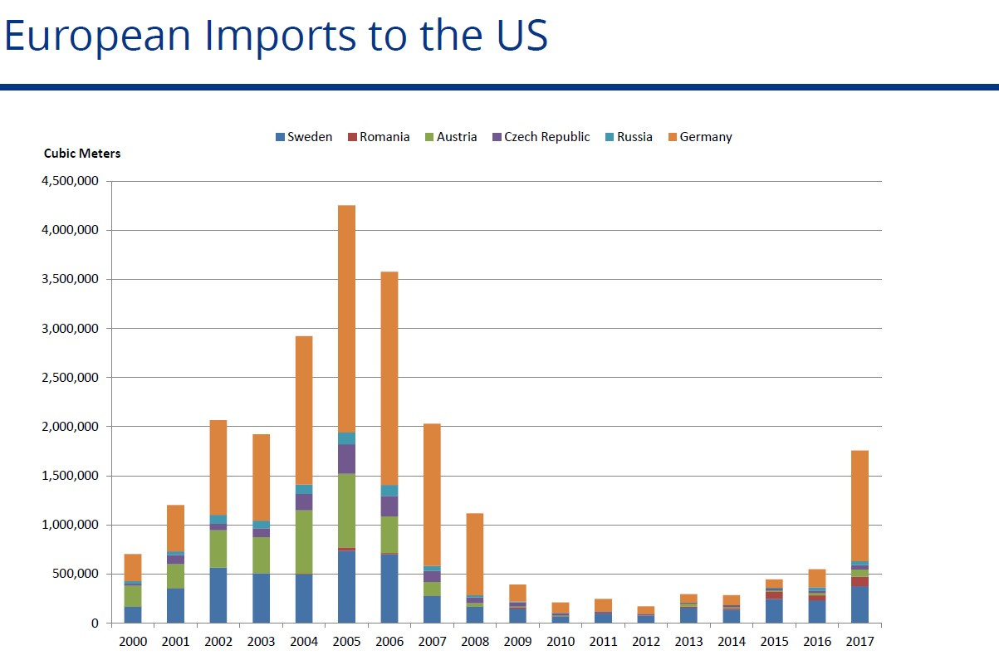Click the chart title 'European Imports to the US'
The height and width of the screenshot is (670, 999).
click(276, 35)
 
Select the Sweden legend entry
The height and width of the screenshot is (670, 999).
click(304, 137)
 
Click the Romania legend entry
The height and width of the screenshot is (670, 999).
click(379, 137)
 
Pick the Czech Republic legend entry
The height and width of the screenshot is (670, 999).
click(541, 137)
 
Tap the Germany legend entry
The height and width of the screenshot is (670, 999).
click(700, 137)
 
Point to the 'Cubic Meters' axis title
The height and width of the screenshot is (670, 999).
click(82, 154)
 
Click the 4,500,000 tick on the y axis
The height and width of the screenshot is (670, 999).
click(70, 181)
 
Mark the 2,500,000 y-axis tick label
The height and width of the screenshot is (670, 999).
click(70, 378)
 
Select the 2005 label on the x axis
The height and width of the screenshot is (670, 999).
click(346, 642)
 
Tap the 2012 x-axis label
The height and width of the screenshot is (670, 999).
click(646, 642)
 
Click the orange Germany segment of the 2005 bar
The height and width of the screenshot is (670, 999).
click(346, 319)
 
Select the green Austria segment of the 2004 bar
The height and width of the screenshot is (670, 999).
click(304, 542)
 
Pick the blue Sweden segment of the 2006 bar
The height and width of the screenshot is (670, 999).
click(389, 589)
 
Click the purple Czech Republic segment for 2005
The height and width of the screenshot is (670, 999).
click(346, 458)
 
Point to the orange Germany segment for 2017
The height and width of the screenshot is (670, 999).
click(859, 506)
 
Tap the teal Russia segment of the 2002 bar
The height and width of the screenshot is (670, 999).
click(218, 520)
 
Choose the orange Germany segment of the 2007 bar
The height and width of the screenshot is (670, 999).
click(432, 495)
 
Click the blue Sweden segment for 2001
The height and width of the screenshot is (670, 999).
click(175, 605)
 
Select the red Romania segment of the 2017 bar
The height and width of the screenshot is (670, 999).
click(859, 582)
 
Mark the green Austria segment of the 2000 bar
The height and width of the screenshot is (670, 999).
click(133, 596)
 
